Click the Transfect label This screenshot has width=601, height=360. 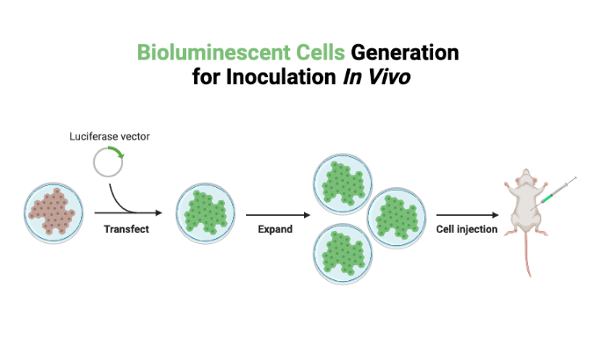127,229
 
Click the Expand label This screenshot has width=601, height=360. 274,229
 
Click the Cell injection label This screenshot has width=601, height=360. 467,229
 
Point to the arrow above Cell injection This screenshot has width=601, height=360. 467,213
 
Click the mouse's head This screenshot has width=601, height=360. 527,179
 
